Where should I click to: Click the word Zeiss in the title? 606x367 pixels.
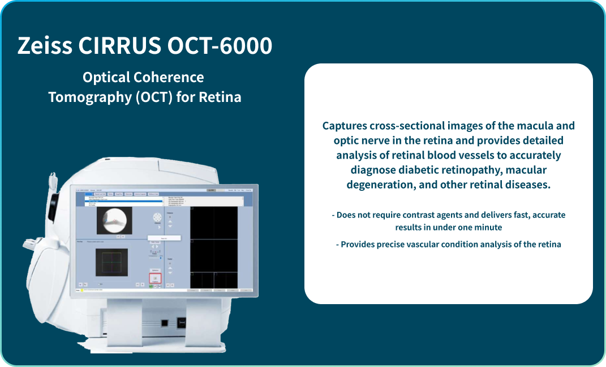[44, 46]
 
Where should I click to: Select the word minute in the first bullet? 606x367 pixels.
[488, 227]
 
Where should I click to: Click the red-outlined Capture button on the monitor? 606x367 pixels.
[156, 278]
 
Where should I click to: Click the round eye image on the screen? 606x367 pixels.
[114, 219]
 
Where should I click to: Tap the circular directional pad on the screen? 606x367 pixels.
[157, 218]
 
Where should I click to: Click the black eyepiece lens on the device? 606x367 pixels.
[53, 206]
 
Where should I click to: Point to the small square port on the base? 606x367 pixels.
[164, 323]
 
